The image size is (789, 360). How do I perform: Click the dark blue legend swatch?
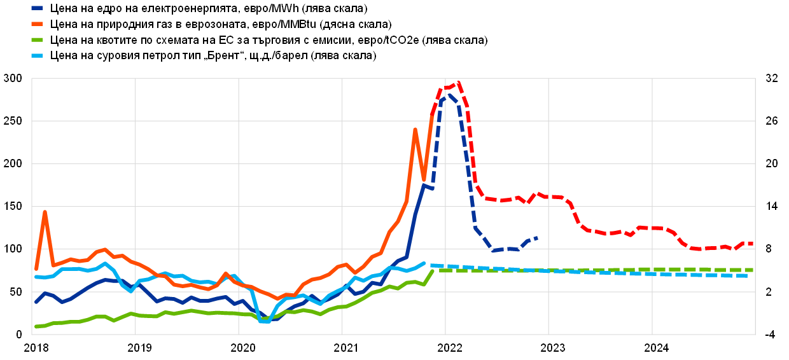click(x=38, y=8)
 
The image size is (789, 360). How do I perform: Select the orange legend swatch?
click(x=38, y=24)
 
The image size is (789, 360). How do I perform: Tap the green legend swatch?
click(x=38, y=39)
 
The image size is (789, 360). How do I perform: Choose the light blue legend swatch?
click(x=38, y=55)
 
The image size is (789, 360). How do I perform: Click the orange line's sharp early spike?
click(x=45, y=211)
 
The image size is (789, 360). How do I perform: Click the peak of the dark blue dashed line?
click(x=449, y=95)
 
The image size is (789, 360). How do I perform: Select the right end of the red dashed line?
click(x=753, y=244)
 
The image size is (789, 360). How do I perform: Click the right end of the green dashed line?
click(x=753, y=270)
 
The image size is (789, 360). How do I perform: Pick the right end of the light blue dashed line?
click(x=747, y=276)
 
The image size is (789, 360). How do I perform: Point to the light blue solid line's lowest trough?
click(x=264, y=321)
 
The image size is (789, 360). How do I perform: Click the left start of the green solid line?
click(x=36, y=327)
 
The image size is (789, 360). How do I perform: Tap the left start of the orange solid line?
click(x=36, y=268)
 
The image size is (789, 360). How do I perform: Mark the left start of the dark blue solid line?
click(x=36, y=301)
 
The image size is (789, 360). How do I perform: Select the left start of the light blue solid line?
click(x=36, y=277)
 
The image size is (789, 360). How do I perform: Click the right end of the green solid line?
click(x=433, y=272)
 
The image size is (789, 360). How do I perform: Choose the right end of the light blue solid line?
click(x=424, y=263)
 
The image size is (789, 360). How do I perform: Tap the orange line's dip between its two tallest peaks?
click(x=424, y=180)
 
